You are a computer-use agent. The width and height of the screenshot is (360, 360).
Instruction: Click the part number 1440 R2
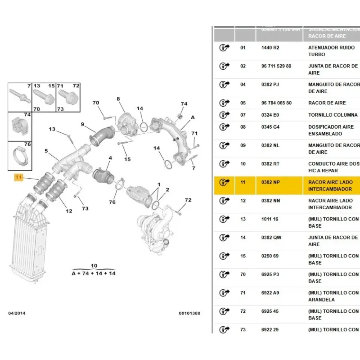270,47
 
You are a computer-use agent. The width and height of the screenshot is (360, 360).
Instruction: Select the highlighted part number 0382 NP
270,182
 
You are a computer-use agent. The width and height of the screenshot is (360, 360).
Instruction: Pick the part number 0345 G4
270,127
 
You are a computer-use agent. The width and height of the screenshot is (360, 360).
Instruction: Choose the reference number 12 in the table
243,201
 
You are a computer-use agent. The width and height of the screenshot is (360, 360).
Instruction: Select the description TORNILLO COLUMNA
333,115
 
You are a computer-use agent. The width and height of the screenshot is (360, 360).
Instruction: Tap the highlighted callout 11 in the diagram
18,177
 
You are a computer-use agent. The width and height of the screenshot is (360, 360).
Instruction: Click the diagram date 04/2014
17,313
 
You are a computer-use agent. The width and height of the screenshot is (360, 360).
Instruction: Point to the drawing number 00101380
189,313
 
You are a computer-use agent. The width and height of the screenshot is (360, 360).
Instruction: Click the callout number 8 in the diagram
118,99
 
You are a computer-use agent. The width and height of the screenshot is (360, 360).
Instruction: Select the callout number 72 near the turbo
188,200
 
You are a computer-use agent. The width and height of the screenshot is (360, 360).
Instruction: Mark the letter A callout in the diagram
193,117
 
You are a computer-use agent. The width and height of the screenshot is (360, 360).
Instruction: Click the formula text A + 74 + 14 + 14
94,273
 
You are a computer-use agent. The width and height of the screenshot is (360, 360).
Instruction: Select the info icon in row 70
224,274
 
